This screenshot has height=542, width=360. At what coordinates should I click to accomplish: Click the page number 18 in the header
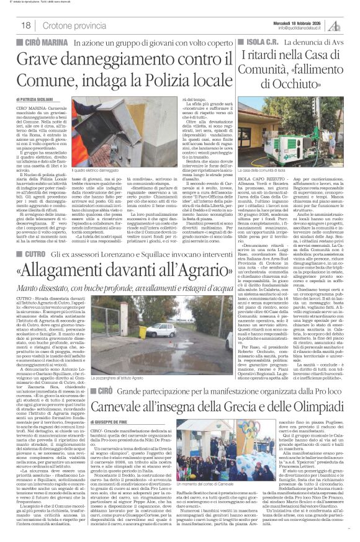click(26, 24)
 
